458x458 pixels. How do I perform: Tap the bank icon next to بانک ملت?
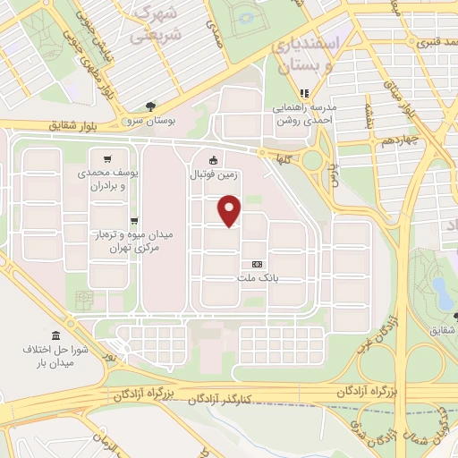[258, 264]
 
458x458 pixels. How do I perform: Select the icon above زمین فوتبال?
[213, 161]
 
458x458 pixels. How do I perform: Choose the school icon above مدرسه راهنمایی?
[304, 93]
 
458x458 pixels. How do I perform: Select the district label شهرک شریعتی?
[160, 23]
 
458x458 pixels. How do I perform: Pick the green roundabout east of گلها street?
[313, 161]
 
